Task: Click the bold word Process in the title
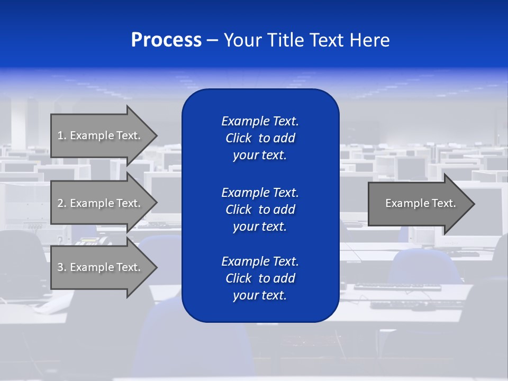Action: click(166, 40)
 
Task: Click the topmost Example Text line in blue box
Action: click(260, 121)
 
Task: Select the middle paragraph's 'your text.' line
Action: click(260, 226)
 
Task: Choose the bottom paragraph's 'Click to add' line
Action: click(260, 278)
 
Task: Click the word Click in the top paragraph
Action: click(238, 138)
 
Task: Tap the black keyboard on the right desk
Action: click(397, 287)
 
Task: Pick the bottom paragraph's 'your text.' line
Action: click(260, 296)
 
